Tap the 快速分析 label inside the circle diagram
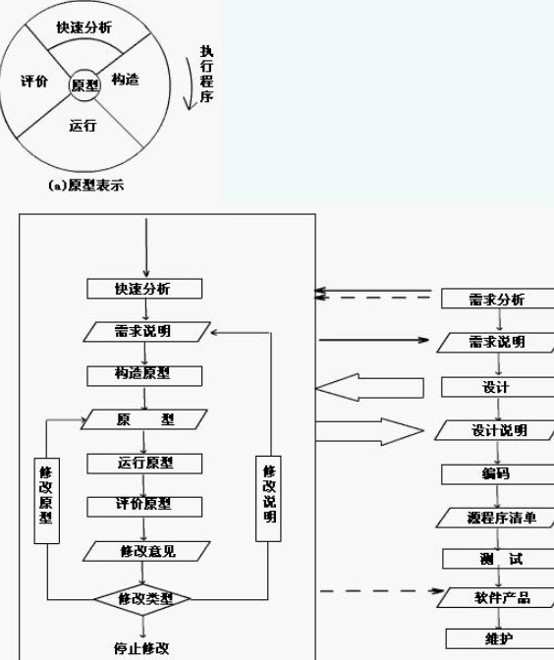pyautogui.click(x=84, y=27)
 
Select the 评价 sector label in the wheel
pyautogui.click(x=34, y=81)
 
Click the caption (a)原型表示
pyautogui.click(x=86, y=186)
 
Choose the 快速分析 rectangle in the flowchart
pyautogui.click(x=144, y=289)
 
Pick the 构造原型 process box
pyautogui.click(x=144, y=376)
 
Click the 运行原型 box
pyautogui.click(x=144, y=464)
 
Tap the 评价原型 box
pyautogui.click(x=144, y=507)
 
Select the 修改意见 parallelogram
pyautogui.click(x=146, y=551)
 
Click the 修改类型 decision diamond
pyautogui.click(x=142, y=599)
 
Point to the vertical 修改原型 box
pyautogui.click(x=46, y=501)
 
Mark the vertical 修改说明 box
pyautogui.click(x=268, y=498)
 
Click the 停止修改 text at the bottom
pyautogui.click(x=141, y=648)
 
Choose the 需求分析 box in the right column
pyautogui.click(x=498, y=299)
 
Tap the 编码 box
pyautogui.click(x=498, y=474)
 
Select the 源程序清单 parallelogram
pyautogui.click(x=496, y=518)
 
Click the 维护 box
pyautogui.click(x=500, y=639)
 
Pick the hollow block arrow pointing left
pyautogui.click(x=369, y=387)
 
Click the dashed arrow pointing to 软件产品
pyautogui.click(x=382, y=591)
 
